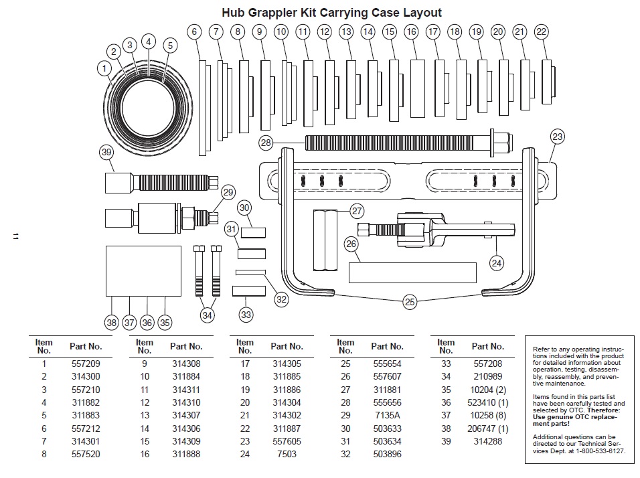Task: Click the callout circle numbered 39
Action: point(106,152)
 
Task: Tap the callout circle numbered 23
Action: point(557,137)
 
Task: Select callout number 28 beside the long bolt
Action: point(266,142)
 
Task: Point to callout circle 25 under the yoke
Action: point(410,302)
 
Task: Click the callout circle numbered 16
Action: point(411,31)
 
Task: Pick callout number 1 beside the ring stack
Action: point(104,67)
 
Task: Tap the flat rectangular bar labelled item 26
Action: point(412,272)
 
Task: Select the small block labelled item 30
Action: point(254,233)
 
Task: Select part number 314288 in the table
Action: point(487,441)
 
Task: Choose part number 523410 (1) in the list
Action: point(489,402)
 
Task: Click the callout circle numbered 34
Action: point(208,315)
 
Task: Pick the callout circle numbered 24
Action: point(496,263)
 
